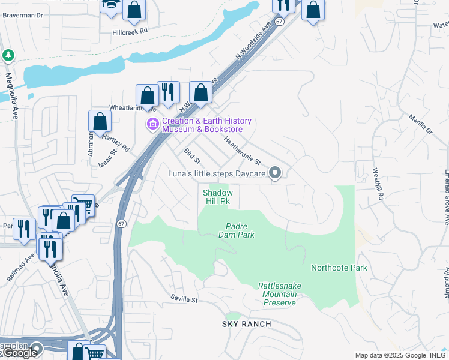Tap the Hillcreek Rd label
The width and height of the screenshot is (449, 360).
tap(130, 32)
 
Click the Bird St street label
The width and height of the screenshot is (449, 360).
tap(192, 158)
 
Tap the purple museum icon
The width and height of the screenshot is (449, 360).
tap(152, 125)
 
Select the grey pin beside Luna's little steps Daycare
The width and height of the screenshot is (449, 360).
tap(276, 173)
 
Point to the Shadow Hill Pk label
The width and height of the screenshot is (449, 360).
tap(217, 197)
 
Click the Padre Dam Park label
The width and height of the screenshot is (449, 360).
tap(240, 230)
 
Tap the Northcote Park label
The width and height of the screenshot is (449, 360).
tap(339, 268)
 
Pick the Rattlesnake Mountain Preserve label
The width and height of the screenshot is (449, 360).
tap(277, 294)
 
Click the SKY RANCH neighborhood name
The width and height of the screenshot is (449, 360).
tap(246, 324)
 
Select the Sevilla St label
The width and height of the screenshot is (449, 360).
tap(184, 299)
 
